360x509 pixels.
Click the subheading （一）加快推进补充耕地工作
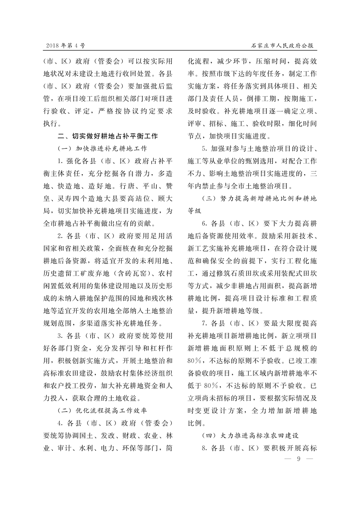(x=102, y=148)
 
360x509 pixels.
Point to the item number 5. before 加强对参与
(x=205, y=149)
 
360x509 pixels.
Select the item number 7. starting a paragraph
(x=205, y=323)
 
